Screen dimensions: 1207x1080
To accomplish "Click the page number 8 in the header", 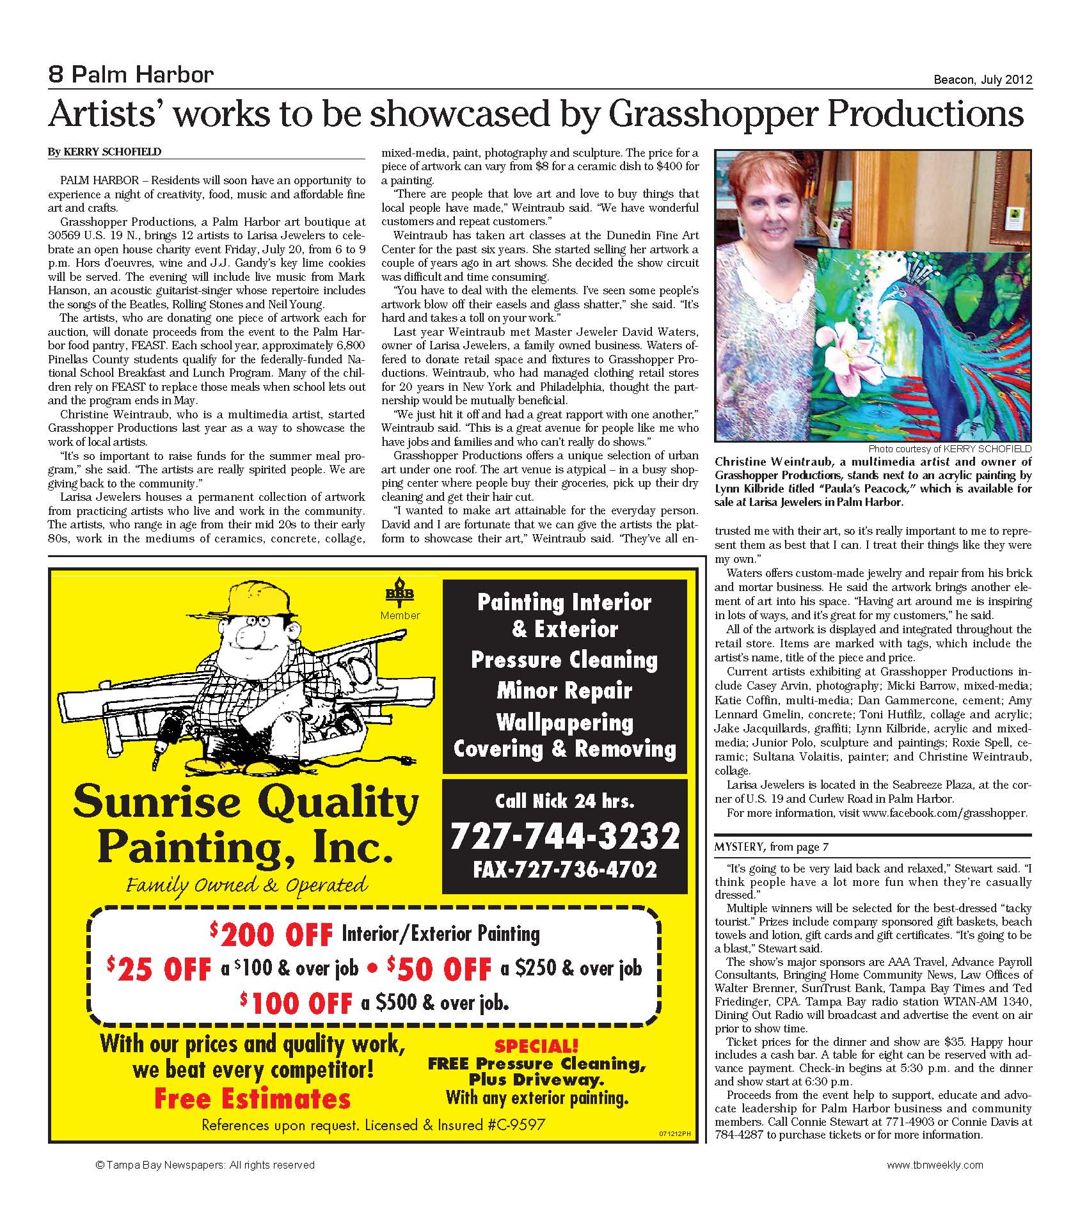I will (56, 75).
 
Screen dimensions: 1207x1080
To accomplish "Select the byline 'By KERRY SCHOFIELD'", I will (104, 152).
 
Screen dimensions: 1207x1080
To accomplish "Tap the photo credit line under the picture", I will (949, 449).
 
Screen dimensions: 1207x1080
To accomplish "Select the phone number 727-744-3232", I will (564, 835).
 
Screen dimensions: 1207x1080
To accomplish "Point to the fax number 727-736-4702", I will (564, 869).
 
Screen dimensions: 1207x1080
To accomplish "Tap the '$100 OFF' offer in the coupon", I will (297, 1002).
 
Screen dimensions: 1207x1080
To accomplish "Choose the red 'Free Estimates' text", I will (253, 1099).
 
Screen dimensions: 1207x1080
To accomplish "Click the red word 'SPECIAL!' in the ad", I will (536, 1046).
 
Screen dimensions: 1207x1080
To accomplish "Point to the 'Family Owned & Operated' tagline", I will (247, 885).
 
